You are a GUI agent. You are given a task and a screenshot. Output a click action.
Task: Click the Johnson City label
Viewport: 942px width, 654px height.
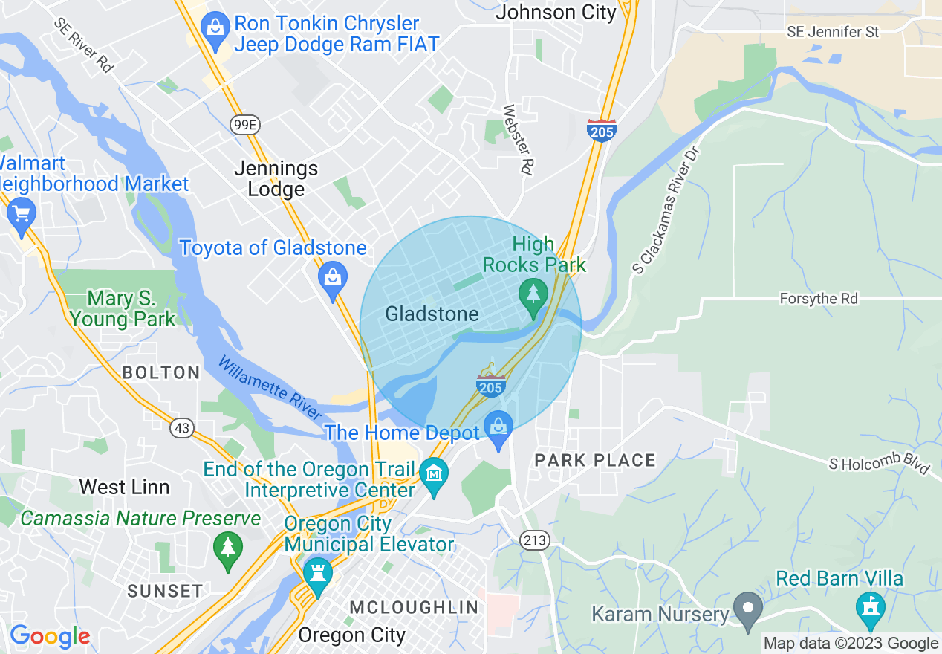click(x=556, y=12)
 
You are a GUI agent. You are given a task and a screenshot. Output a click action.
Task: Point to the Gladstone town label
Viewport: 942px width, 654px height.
click(x=432, y=314)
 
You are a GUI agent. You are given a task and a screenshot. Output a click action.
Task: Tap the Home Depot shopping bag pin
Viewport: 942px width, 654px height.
click(x=497, y=427)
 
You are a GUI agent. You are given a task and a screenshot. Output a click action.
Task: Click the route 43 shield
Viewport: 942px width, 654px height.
click(x=181, y=427)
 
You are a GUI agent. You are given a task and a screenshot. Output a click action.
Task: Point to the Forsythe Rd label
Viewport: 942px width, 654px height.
click(x=818, y=299)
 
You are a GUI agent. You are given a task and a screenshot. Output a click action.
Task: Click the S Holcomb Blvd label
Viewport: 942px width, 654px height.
click(x=880, y=464)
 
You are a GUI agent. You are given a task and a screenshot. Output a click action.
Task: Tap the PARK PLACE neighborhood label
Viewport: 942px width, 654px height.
click(x=595, y=461)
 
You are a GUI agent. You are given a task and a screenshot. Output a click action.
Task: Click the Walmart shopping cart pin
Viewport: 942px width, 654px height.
click(x=21, y=214)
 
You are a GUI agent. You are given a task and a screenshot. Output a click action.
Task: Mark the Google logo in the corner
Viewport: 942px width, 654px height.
click(x=50, y=636)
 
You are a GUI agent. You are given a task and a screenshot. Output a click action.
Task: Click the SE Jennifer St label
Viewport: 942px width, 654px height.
click(x=833, y=33)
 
